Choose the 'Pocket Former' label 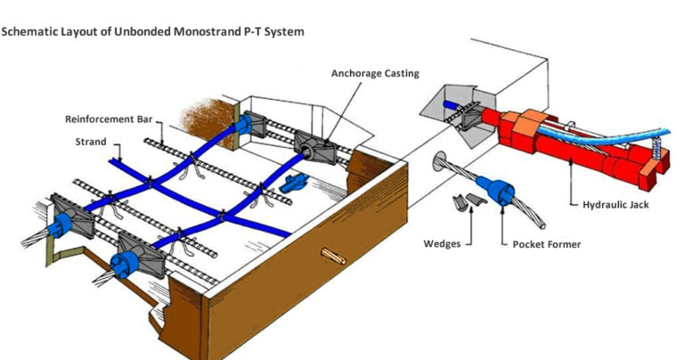pyautogui.click(x=542, y=242)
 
